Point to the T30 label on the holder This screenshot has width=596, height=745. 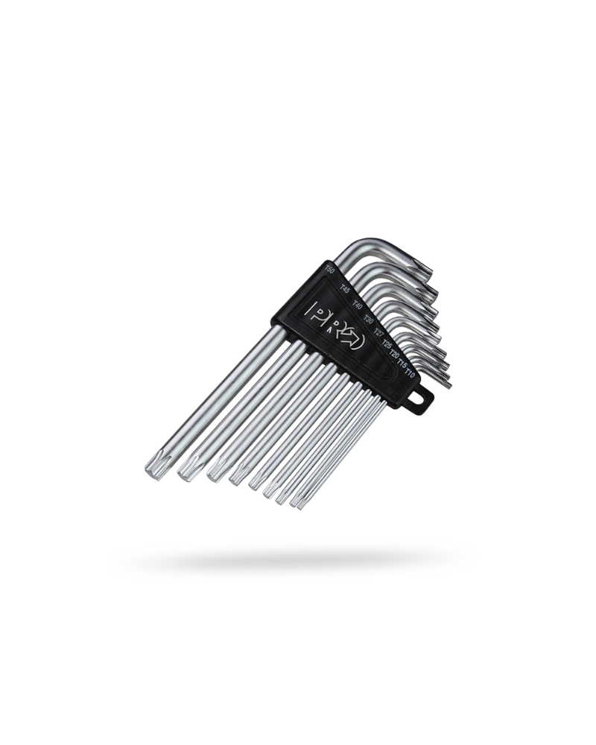coord(368,320)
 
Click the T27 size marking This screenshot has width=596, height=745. coord(378,333)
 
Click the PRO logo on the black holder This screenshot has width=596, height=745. coord(337,325)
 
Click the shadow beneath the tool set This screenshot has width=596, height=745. coord(298,557)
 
